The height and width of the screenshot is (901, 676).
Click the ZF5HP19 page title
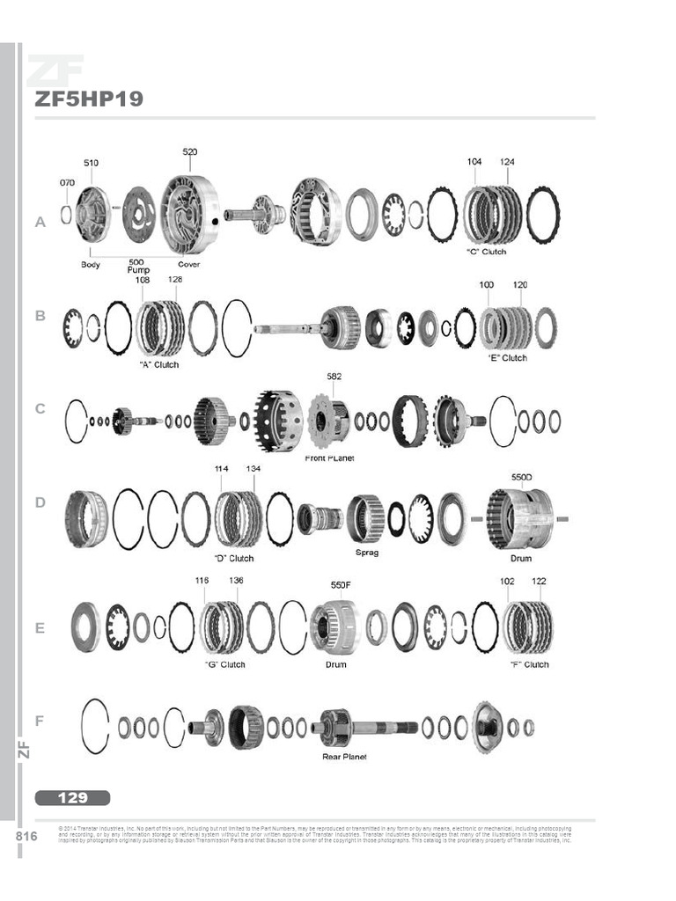coord(88,99)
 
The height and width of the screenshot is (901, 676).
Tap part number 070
coord(67,182)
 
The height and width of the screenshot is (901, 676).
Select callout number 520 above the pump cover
coord(190,152)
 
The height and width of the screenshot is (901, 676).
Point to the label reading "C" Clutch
coord(486,252)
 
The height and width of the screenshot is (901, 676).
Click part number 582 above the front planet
coord(334,376)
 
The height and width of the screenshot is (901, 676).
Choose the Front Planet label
coord(329,458)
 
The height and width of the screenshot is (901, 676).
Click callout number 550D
coord(522,476)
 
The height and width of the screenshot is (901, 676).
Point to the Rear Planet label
coord(344,757)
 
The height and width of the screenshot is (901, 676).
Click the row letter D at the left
coord(40,502)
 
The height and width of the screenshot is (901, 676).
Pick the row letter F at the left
coord(39,721)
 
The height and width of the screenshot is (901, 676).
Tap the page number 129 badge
coord(73,798)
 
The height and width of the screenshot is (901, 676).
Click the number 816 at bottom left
coord(26,836)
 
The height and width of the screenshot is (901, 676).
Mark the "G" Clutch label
coord(224,664)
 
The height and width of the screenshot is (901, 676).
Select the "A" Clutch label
coord(158,364)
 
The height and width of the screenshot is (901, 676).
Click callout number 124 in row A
coord(508,162)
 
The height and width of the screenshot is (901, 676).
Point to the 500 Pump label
coord(136,267)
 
